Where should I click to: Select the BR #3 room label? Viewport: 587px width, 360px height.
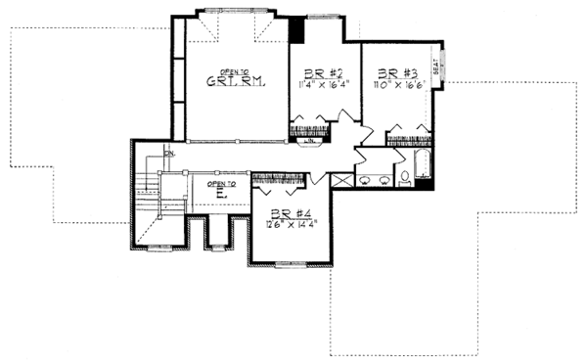tap(388, 73)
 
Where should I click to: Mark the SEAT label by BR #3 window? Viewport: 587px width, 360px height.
tap(437, 67)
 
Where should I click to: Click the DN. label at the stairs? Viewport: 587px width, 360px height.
tap(169, 154)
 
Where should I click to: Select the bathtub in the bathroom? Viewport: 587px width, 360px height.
tap(425, 164)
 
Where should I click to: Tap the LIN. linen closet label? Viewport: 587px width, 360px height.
tap(309, 142)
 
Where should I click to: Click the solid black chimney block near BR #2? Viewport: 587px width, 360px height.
tap(300, 30)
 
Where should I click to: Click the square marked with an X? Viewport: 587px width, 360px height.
tap(341, 181)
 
